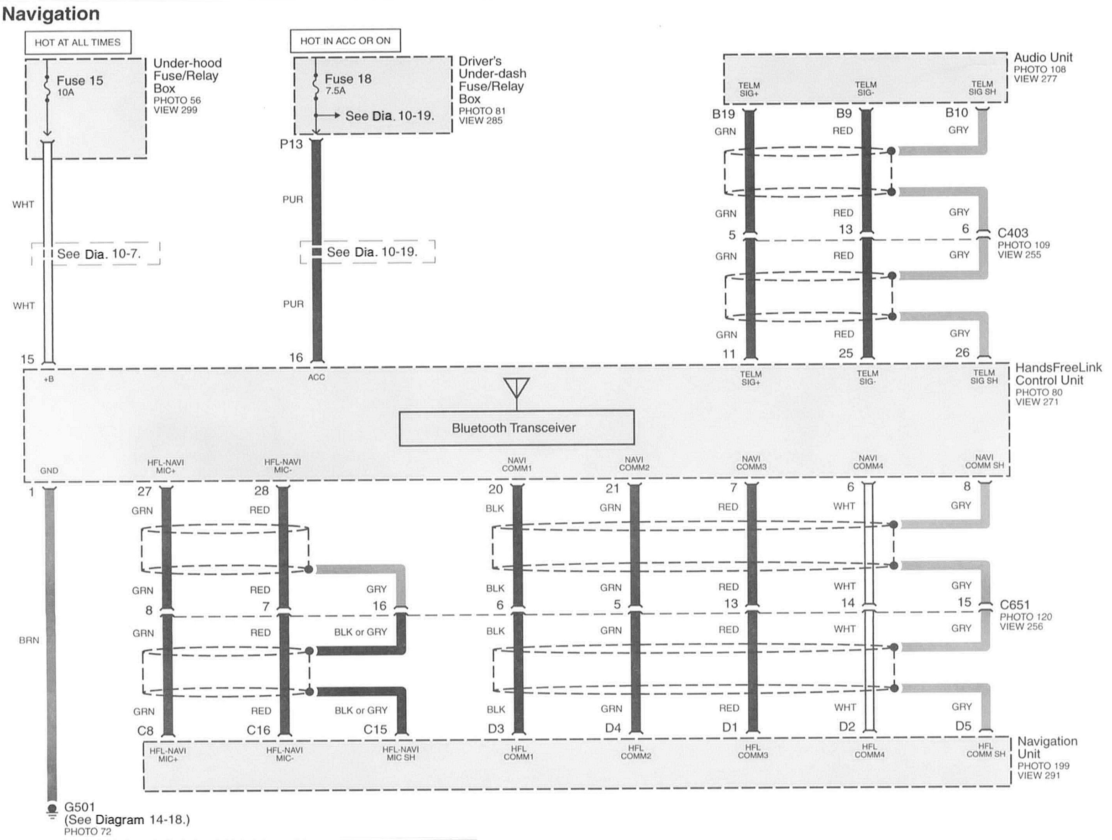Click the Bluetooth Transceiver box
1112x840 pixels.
[x=516, y=428]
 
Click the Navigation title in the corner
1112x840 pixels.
[x=51, y=14]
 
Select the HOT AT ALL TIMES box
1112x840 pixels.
[x=78, y=42]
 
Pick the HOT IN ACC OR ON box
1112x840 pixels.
[x=346, y=41]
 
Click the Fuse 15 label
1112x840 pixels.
[x=79, y=80]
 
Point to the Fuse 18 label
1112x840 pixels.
[x=348, y=79]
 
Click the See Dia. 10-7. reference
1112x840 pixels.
[x=99, y=254]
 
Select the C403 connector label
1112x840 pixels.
[x=1012, y=233]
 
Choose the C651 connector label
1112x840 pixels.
[x=1014, y=605]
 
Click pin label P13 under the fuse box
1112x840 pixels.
[x=292, y=144]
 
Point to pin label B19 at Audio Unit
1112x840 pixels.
[x=724, y=114]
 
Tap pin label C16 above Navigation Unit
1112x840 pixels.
[x=258, y=730]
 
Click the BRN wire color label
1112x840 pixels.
[x=29, y=640]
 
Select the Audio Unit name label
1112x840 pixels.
[x=1043, y=58]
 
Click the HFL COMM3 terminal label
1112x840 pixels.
[x=753, y=751]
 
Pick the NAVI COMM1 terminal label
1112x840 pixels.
[x=517, y=464]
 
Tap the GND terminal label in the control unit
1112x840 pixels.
[x=49, y=471]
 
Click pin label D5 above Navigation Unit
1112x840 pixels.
[x=963, y=726]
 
